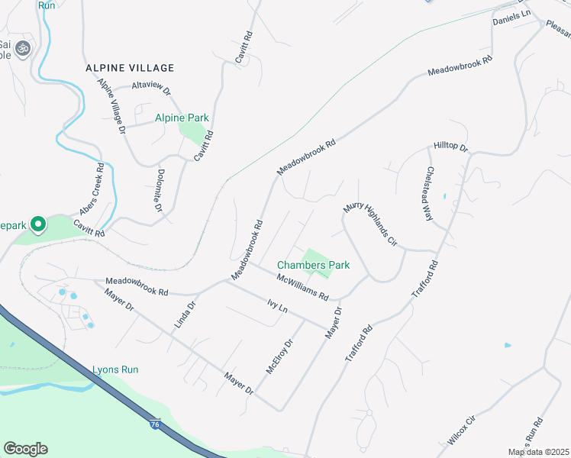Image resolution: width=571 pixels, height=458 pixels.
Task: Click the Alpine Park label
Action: pos(182,118)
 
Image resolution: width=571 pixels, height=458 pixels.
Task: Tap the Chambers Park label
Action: pos(313,265)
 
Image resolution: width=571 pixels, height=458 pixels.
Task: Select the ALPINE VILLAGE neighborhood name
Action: pos(131,68)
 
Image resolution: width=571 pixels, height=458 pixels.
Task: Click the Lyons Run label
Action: pos(115,369)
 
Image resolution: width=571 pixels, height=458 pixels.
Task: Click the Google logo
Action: pos(25,449)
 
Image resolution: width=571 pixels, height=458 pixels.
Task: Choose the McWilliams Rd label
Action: pos(302,286)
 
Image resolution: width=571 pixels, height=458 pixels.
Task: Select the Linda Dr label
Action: pos(185,314)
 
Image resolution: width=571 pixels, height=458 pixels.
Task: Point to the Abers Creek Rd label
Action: pos(90,189)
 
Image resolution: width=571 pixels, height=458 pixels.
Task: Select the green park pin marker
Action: pos(37,224)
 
